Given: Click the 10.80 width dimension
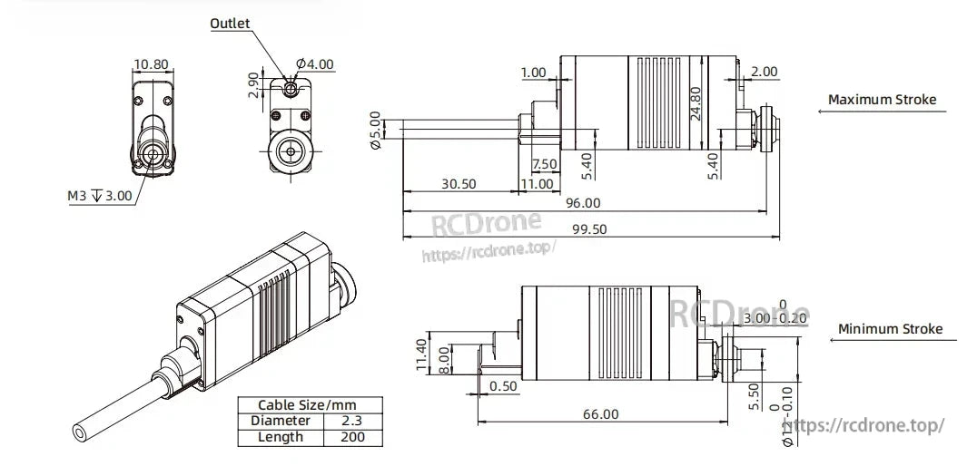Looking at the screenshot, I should [151, 64].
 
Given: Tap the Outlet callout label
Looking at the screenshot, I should [230, 23].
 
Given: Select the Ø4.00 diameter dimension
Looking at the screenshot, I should [316, 64].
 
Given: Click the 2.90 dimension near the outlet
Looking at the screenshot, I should [253, 87].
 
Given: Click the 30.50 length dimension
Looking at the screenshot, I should [458, 183].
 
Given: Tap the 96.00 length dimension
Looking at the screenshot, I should [581, 203].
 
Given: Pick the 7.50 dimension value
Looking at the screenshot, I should [544, 164].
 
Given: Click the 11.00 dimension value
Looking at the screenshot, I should [536, 183].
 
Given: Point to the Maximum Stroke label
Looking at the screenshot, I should [882, 100].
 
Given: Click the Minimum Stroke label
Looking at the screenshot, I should [890, 329].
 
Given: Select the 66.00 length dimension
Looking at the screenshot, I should [599, 413].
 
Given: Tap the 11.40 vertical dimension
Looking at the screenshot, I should [420, 354].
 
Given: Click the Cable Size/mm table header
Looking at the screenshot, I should [308, 404].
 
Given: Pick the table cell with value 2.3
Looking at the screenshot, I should [352, 421].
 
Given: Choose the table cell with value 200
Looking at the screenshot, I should [352, 437].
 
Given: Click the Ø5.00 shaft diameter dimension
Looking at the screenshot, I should [375, 131].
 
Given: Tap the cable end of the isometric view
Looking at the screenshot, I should [84, 434].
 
